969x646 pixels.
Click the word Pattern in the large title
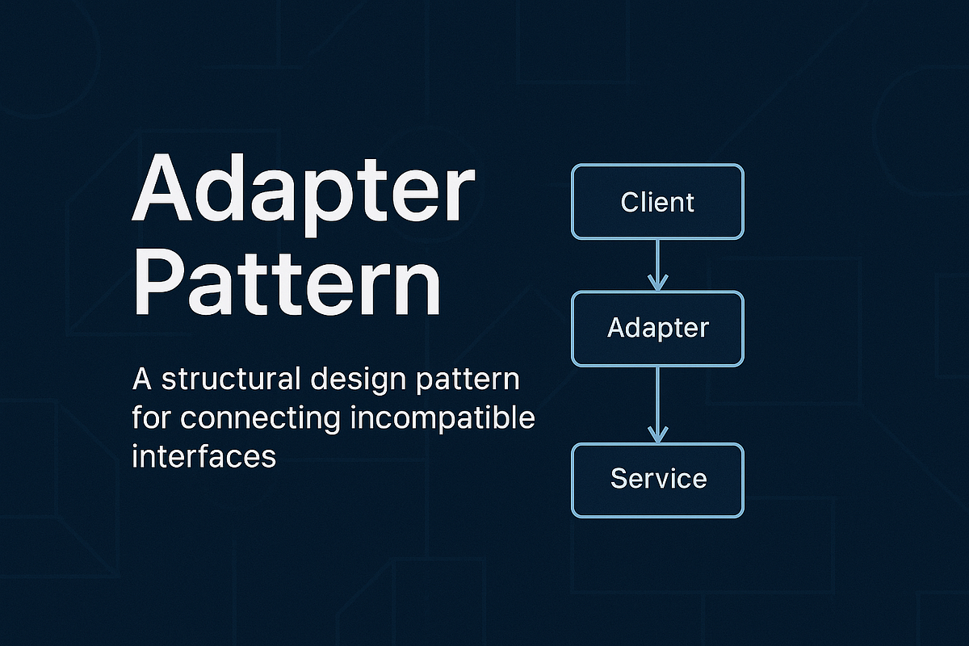tap(287, 278)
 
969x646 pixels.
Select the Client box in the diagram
tap(657, 202)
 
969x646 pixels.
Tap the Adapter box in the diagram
tap(657, 329)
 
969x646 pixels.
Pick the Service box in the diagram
tap(657, 479)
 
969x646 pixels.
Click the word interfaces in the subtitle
tap(203, 456)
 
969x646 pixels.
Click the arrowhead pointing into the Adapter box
tap(657, 283)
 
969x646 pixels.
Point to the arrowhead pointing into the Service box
tap(657, 434)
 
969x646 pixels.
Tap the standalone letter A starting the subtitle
tap(140, 380)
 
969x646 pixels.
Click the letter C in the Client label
tap(631, 202)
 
